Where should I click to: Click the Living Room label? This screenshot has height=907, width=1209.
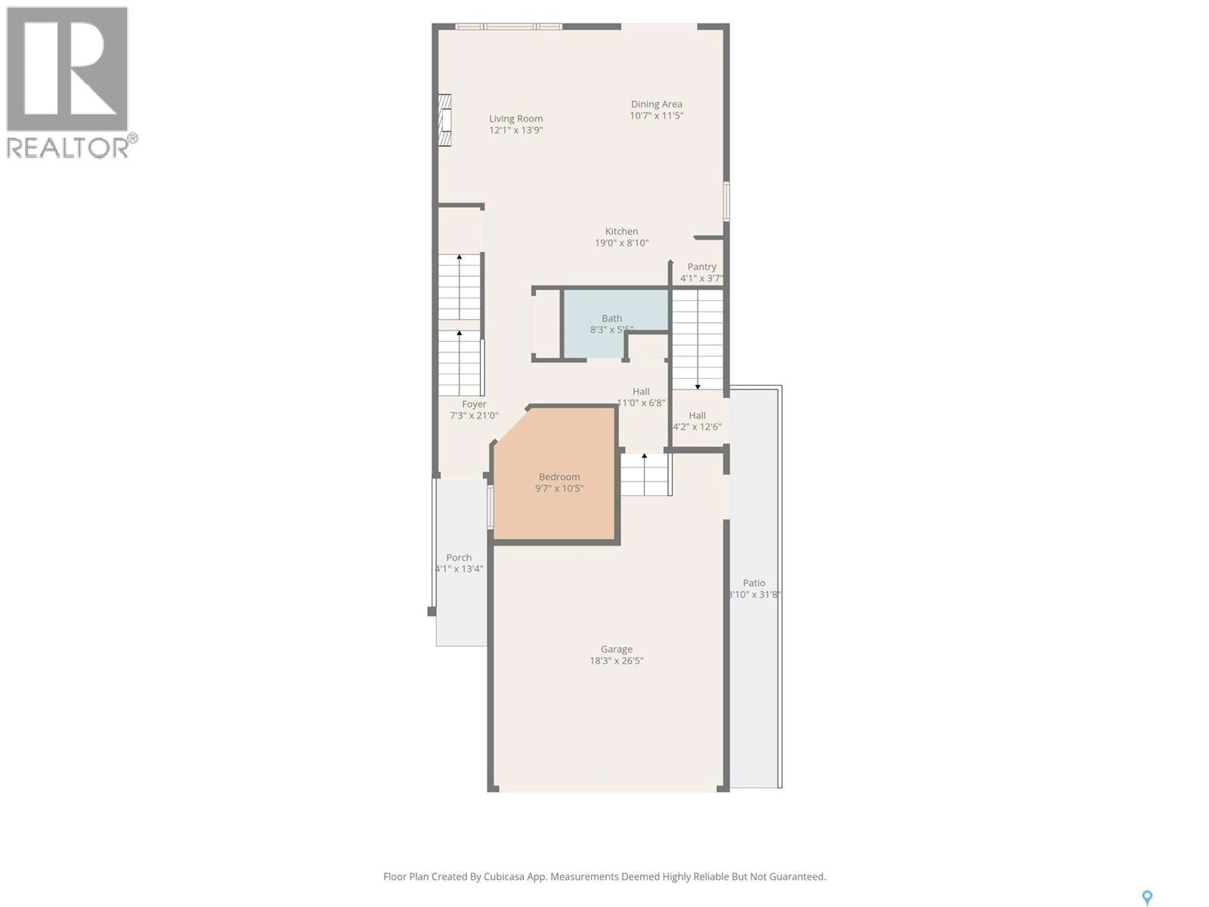point(515,119)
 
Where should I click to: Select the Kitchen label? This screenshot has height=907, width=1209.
point(622,231)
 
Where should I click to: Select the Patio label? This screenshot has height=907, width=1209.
point(754,583)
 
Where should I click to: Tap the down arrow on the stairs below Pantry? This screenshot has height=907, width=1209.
point(697,386)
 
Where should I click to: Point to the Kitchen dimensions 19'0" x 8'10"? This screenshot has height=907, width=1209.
point(622,243)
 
